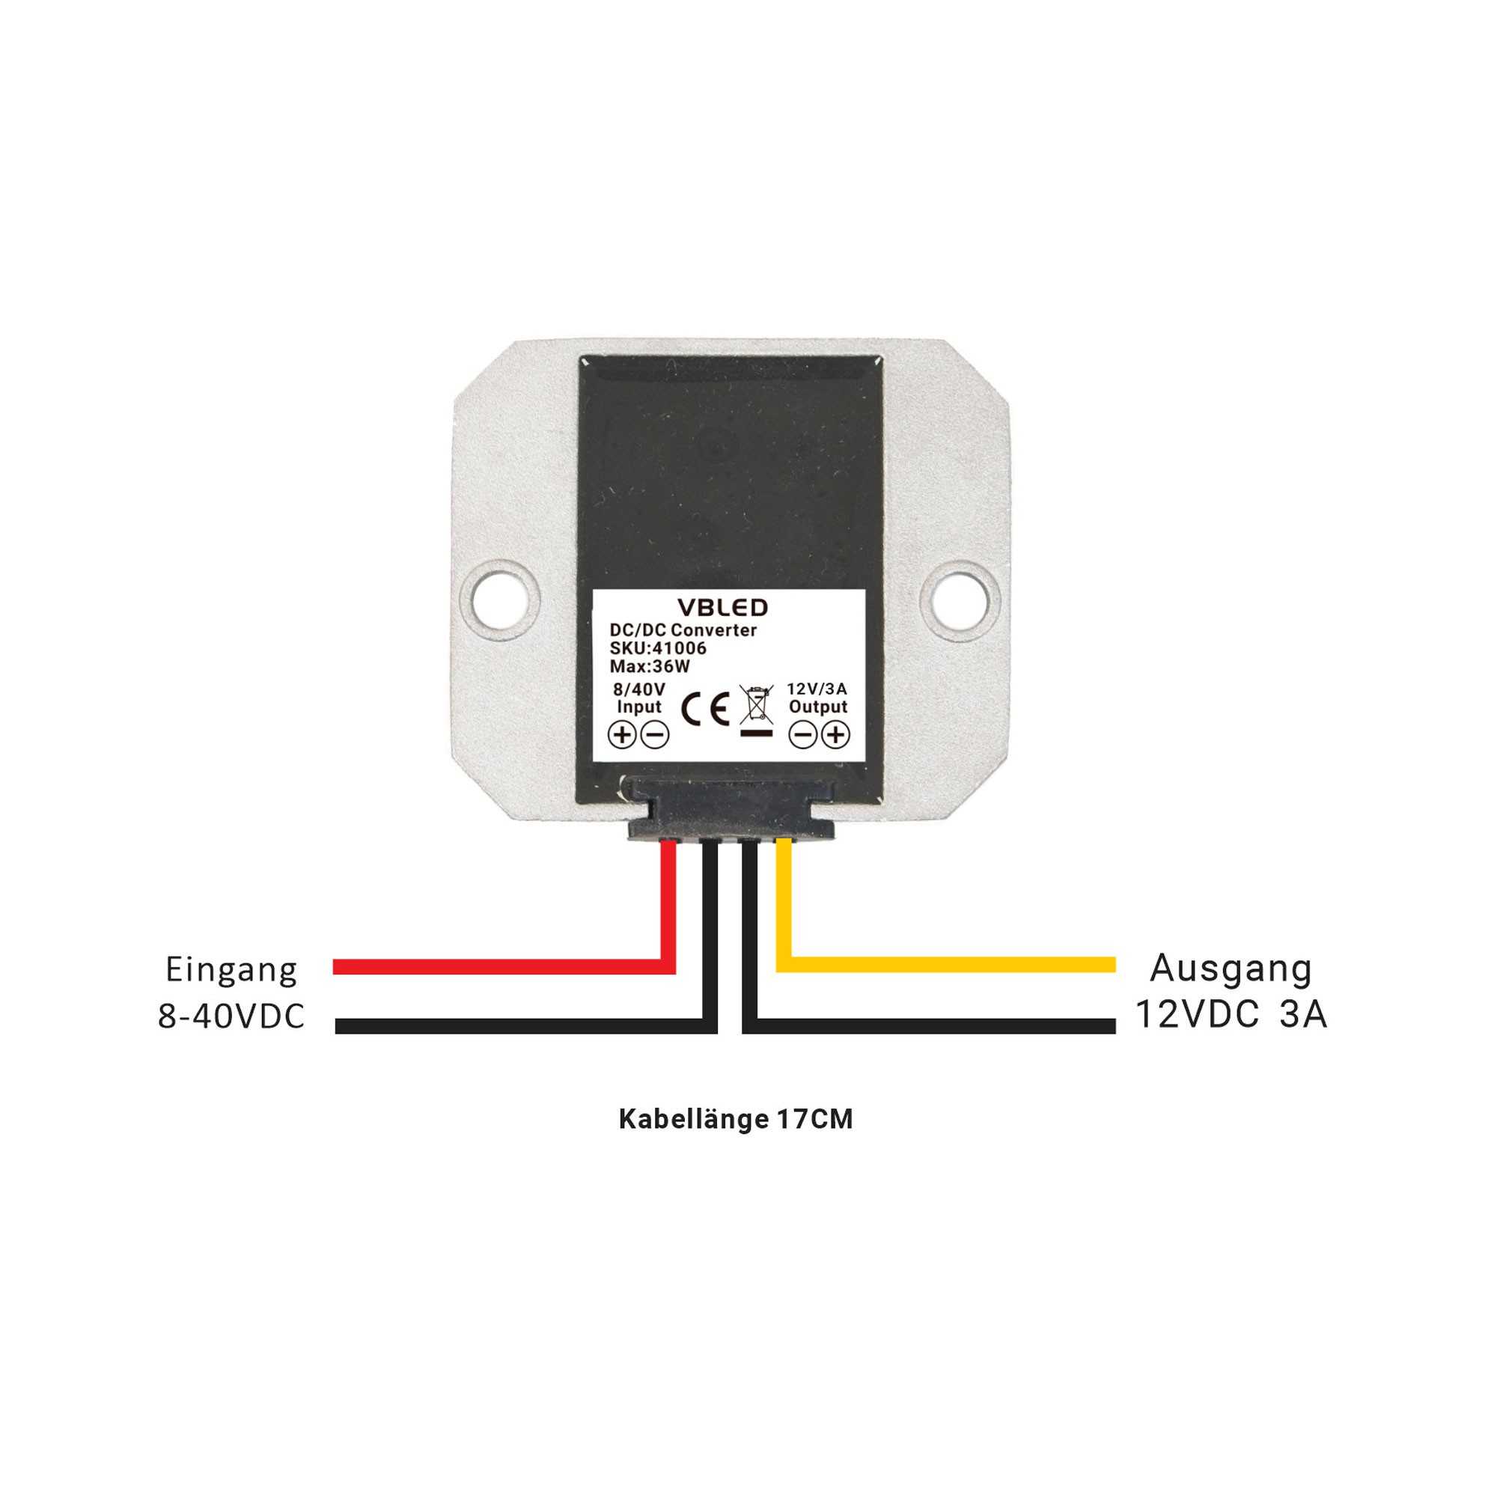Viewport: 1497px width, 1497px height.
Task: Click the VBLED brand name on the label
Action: pos(722,608)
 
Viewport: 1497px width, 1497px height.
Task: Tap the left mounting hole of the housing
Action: pos(499,600)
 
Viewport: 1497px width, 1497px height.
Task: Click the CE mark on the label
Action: pos(705,709)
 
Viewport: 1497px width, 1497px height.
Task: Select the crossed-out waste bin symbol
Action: pos(757,710)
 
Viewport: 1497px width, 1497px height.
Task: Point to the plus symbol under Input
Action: pos(621,734)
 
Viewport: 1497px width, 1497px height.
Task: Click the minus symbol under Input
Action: pos(656,734)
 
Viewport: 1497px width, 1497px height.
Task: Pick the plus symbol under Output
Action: pos(836,734)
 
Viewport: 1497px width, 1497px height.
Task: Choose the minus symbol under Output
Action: pos(802,734)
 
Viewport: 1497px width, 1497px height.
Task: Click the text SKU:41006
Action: pos(658,648)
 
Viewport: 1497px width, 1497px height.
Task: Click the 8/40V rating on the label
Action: pos(639,689)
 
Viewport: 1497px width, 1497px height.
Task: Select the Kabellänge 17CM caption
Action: pos(736,1119)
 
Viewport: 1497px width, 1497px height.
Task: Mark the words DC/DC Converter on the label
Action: pos(683,630)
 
